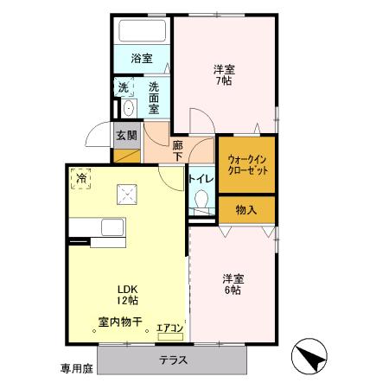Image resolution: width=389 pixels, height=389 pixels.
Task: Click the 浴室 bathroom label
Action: [142, 59]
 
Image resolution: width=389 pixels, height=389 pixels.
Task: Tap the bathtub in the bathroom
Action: [143, 33]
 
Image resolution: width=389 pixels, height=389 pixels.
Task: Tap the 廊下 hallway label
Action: [178, 150]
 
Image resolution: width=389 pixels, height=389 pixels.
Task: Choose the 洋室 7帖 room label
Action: [224, 74]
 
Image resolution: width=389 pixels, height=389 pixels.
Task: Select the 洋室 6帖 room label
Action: [232, 284]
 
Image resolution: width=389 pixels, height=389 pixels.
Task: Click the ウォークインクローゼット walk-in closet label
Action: [247, 165]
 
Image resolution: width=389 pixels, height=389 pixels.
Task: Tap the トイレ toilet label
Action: [201, 180]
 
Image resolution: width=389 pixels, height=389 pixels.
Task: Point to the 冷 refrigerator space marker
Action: [81, 177]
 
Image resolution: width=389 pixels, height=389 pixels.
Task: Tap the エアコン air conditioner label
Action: [169, 328]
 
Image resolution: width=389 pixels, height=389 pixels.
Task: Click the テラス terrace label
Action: [175, 360]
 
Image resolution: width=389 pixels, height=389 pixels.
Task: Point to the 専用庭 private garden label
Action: [75, 368]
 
